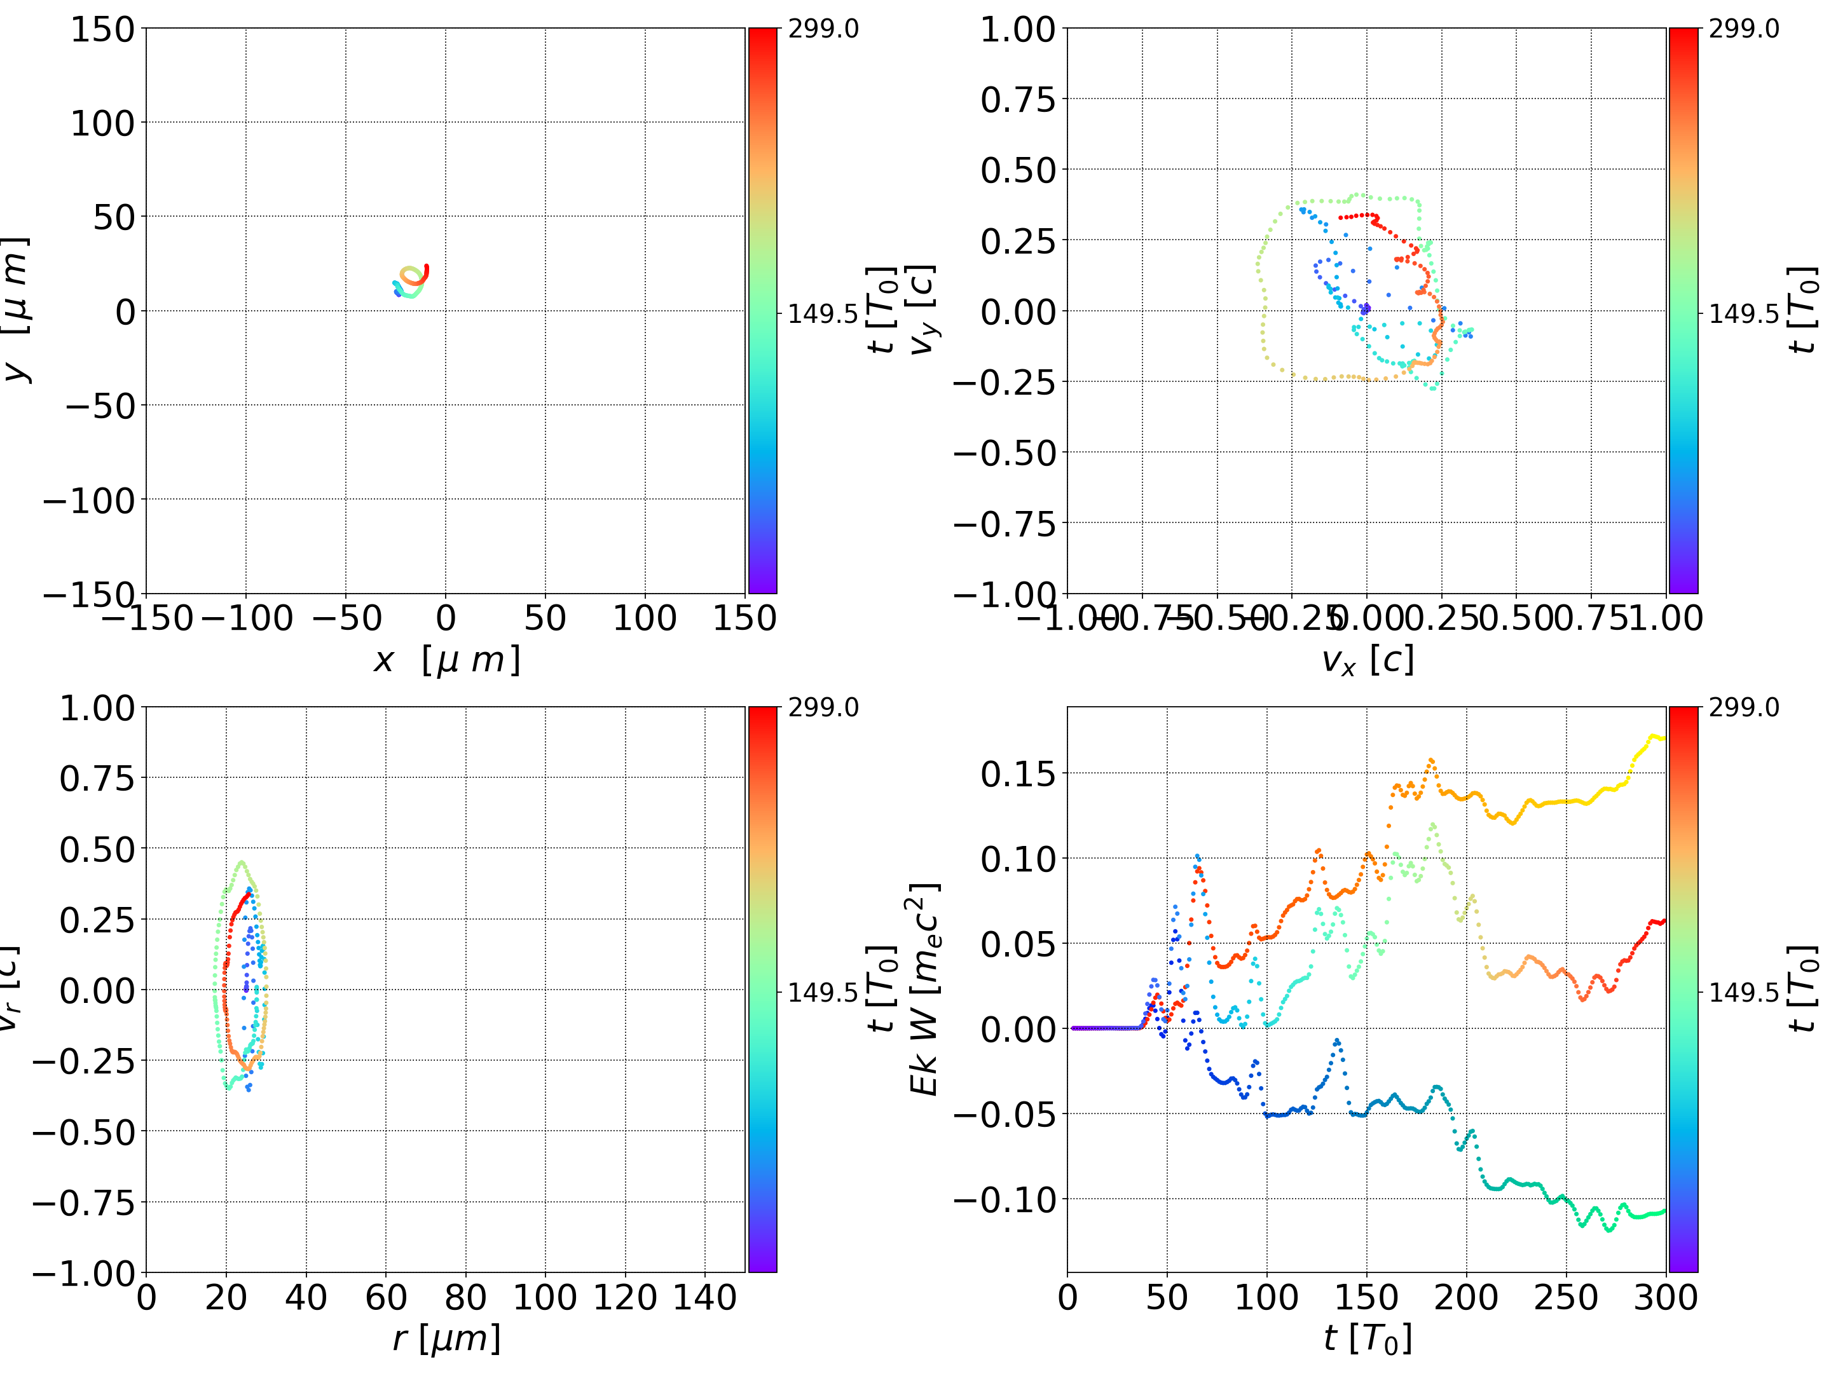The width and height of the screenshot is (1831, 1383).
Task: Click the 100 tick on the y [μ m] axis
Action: click(x=102, y=123)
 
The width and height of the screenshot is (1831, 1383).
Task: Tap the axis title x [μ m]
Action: click(x=447, y=660)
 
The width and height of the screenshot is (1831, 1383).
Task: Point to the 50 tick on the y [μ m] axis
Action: click(x=113, y=217)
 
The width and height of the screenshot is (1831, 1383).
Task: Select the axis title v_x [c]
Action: click(x=1368, y=660)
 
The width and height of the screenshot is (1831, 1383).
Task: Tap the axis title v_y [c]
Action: click(x=922, y=310)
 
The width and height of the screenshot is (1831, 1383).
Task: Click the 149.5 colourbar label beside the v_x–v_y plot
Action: click(x=1743, y=315)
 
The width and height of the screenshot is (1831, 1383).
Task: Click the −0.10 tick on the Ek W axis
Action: click(x=1004, y=1199)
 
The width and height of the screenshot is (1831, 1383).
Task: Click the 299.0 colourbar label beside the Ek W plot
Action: click(x=1743, y=707)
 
